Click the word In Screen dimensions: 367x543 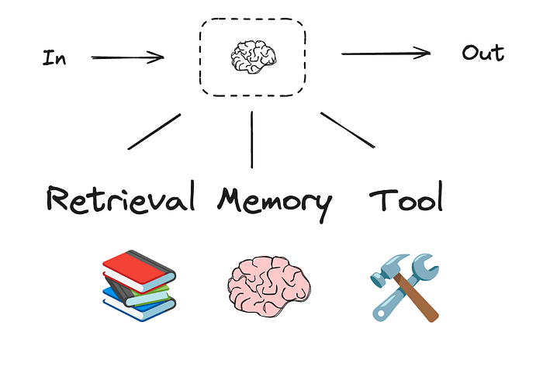coord(54,58)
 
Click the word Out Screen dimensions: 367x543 coord(482,53)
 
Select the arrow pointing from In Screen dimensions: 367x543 coord(127,57)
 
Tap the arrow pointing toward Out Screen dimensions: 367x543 coord(386,53)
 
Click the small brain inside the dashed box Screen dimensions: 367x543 coord(252,57)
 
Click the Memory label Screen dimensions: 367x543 coord(274,200)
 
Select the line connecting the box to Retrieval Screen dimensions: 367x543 coord(154,131)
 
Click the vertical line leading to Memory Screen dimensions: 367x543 coord(252,140)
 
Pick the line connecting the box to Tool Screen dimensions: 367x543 coord(348,130)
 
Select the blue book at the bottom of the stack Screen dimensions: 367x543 coord(132,310)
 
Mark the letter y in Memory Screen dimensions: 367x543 coord(320,206)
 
